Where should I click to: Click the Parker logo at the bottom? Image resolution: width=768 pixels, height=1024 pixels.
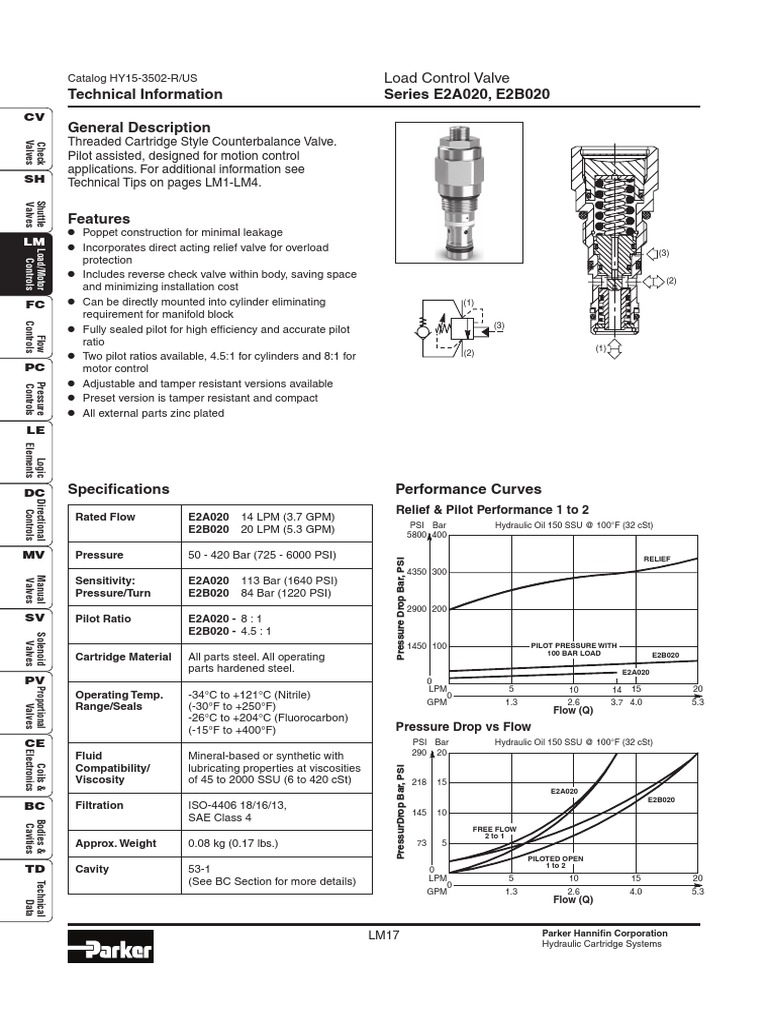click(x=110, y=947)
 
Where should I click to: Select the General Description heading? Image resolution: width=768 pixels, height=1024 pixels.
click(x=138, y=127)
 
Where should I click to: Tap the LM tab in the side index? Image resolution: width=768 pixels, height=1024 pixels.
click(x=34, y=243)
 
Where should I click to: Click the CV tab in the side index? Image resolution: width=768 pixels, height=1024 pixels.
click(x=34, y=118)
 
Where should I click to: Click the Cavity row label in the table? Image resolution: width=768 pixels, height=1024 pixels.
click(x=95, y=869)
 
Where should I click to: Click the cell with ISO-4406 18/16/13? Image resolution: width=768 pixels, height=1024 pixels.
click(x=235, y=805)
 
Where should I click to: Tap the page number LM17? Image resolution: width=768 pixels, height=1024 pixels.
click(x=384, y=936)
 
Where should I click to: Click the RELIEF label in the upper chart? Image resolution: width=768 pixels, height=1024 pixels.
click(x=656, y=557)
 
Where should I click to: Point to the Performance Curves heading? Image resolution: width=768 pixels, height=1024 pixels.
click(x=469, y=489)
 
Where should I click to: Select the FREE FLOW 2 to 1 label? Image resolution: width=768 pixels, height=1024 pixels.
click(x=494, y=832)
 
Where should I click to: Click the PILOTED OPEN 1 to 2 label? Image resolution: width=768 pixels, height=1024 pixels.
click(x=555, y=862)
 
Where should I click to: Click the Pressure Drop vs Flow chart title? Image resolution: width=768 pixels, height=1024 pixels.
click(x=463, y=726)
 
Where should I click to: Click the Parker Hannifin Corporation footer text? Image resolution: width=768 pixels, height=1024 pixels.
click(x=604, y=933)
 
